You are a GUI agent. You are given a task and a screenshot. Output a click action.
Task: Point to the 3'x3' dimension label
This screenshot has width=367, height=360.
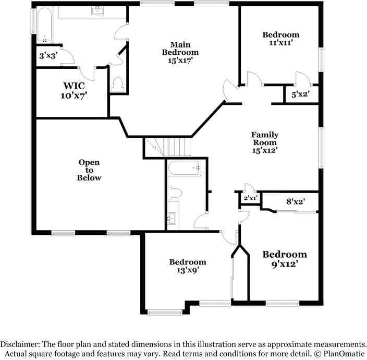[48, 55]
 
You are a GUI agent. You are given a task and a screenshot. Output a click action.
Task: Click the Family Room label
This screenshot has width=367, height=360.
[265, 138]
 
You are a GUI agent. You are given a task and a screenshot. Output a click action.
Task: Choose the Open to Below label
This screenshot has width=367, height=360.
[89, 170]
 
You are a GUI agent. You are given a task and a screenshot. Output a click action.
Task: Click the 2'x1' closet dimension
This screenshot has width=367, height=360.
[250, 198]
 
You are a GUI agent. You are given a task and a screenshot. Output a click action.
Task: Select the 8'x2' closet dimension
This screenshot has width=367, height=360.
[296, 201]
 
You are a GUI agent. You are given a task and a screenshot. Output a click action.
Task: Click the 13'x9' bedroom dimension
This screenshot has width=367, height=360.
[187, 270]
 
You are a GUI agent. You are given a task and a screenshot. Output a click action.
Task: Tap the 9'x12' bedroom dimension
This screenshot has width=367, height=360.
[284, 264]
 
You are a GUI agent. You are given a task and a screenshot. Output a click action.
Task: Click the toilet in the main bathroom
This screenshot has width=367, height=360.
[118, 83]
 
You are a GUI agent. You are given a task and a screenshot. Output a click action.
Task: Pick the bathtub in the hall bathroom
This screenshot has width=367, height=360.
[185, 169]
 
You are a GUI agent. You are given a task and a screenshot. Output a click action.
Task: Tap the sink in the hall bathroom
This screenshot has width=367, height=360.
[173, 218]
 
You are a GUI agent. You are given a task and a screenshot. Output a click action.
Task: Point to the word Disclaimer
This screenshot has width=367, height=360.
[20, 344]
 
